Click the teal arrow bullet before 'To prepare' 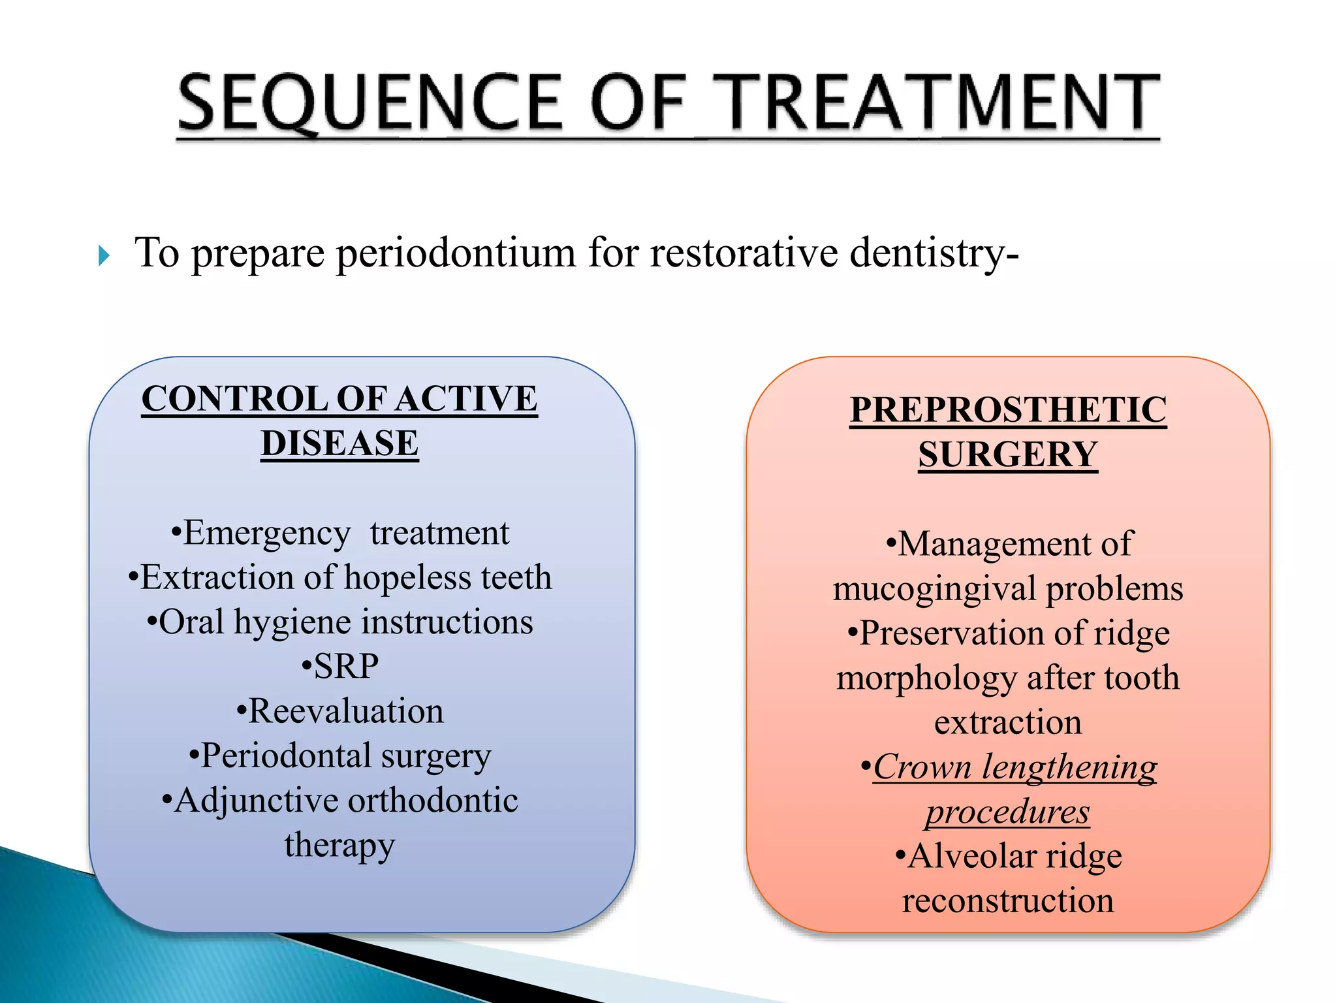tap(104, 255)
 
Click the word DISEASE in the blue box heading tap(339, 443)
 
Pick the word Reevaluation tap(345, 711)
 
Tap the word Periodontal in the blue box tap(286, 756)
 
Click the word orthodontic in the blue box tap(436, 801)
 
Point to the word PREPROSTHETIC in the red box tap(1008, 410)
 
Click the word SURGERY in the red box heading tap(1008, 454)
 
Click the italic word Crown tap(922, 767)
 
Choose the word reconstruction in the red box tap(1008, 901)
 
